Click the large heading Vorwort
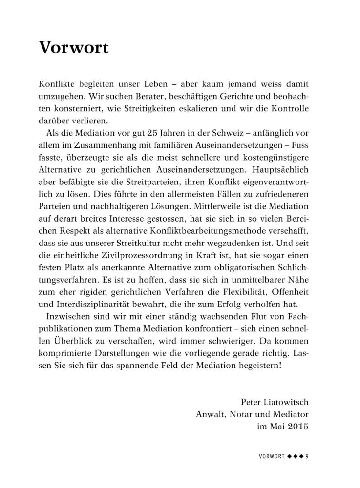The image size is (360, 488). pyautogui.click(x=73, y=48)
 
